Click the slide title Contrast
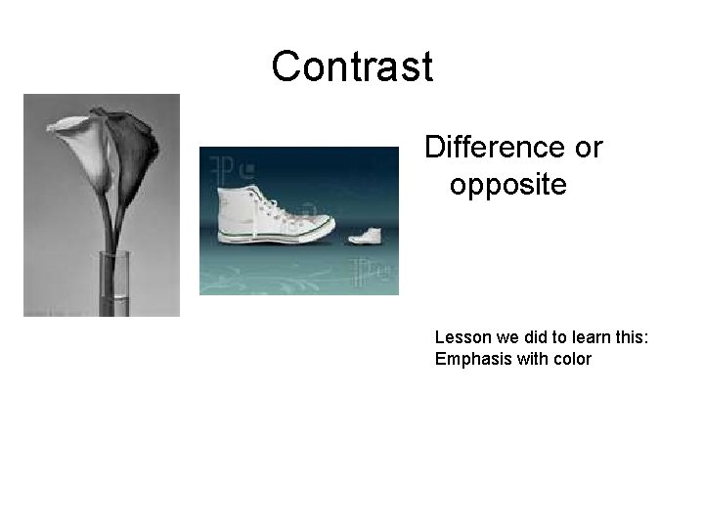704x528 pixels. point(352,67)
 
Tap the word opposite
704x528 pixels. point(507,184)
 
